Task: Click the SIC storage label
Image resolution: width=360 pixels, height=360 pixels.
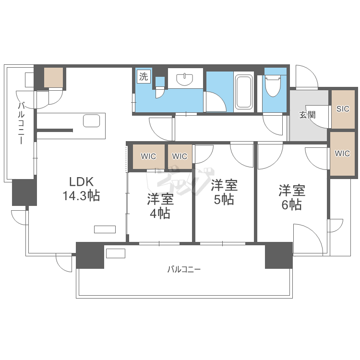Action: click(x=343, y=109)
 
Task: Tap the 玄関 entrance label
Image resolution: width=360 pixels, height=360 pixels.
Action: click(x=308, y=115)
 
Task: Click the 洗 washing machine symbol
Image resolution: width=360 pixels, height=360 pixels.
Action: click(x=144, y=76)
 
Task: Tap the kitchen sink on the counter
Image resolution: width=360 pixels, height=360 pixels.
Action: click(x=91, y=120)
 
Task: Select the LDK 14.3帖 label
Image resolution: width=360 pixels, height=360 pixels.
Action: click(x=81, y=189)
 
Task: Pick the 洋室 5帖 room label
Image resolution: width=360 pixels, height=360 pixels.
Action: click(x=224, y=192)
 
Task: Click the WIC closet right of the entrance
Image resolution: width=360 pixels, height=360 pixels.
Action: click(x=343, y=154)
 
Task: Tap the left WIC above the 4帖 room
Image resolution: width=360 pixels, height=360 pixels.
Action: click(x=148, y=156)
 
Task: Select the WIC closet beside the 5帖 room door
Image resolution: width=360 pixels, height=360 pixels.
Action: click(x=180, y=156)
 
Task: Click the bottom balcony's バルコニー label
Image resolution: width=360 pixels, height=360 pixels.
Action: click(x=184, y=269)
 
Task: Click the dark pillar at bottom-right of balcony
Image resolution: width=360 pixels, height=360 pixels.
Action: click(x=278, y=255)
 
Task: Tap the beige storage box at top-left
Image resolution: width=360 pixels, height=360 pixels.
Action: click(x=53, y=77)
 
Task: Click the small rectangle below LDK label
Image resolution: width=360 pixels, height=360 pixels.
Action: click(x=105, y=229)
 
